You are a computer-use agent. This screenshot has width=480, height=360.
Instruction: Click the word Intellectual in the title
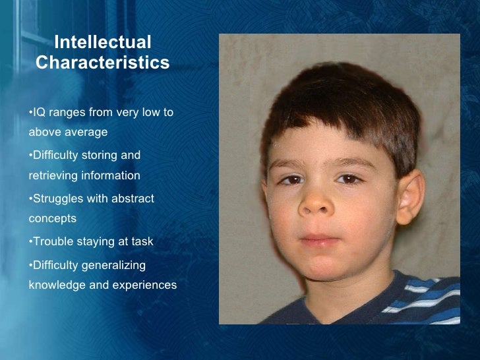pos(102,43)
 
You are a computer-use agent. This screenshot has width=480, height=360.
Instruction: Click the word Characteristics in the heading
pos(102,63)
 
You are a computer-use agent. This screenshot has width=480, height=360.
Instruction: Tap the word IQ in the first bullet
pos(38,112)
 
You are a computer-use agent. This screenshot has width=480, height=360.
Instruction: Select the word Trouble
pos(52,242)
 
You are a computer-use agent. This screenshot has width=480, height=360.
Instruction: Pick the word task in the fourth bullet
pos(142,242)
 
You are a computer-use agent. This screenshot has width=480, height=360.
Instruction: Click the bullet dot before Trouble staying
pos(30,242)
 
